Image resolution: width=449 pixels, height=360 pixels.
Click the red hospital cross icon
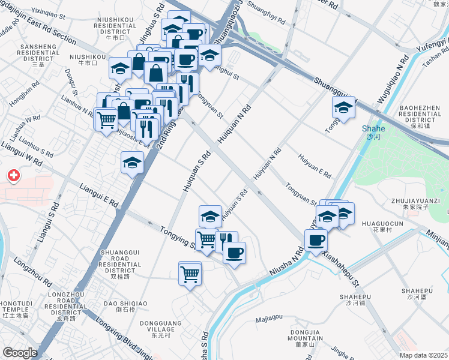(13, 176)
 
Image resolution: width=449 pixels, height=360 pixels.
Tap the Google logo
(20, 353)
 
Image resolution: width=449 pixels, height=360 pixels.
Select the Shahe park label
(373, 133)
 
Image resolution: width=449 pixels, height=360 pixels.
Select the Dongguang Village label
(157, 326)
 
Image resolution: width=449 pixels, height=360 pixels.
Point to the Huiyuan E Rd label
(315, 166)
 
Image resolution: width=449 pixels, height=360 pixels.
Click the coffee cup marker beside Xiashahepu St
(316, 241)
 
